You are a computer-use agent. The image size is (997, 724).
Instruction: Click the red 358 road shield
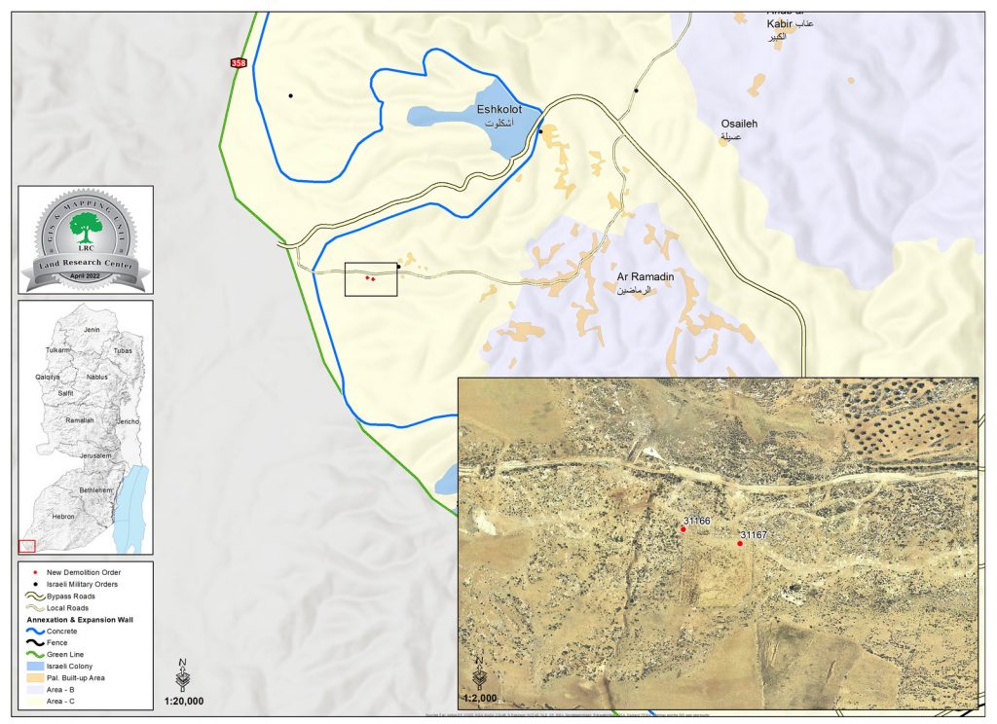point(239,63)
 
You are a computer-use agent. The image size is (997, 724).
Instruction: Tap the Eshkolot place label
point(498,110)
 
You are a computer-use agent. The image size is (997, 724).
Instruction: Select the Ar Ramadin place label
point(640,277)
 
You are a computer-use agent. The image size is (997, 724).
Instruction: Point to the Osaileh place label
point(738,125)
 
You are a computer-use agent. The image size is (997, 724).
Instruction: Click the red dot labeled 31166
point(683,528)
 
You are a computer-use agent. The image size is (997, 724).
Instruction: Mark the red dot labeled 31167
point(740,543)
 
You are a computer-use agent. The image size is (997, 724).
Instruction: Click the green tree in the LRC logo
point(86,227)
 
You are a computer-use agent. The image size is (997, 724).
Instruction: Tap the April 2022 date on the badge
point(86,277)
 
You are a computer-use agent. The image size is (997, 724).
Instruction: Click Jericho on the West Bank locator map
point(128,421)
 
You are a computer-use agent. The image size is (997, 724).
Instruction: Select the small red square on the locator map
point(27,546)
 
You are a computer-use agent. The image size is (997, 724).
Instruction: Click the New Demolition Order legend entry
point(83,571)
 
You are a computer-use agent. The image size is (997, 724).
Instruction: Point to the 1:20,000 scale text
point(183,700)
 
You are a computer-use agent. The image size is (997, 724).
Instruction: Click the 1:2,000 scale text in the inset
point(479,698)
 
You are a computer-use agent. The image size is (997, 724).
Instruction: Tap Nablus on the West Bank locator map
point(96,376)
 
